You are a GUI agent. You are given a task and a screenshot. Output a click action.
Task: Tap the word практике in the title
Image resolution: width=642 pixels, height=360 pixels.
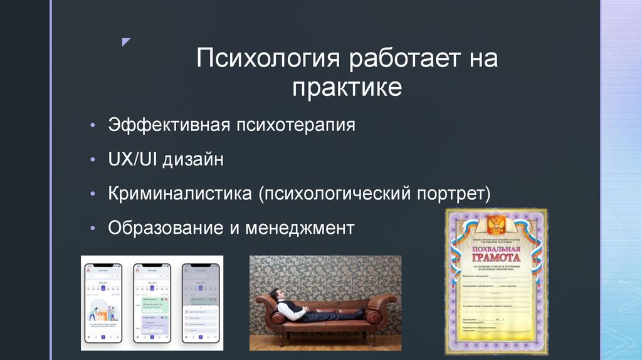tap(347, 87)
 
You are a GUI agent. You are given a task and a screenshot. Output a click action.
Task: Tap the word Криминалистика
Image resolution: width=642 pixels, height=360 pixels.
tap(179, 193)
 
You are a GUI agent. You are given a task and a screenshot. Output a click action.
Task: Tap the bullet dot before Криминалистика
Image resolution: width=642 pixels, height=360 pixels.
tap(93, 193)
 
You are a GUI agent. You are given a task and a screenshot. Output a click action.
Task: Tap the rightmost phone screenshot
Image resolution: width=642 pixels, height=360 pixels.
tap(200, 302)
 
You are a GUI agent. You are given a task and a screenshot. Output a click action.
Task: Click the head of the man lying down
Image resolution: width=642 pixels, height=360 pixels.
tap(275, 295)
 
